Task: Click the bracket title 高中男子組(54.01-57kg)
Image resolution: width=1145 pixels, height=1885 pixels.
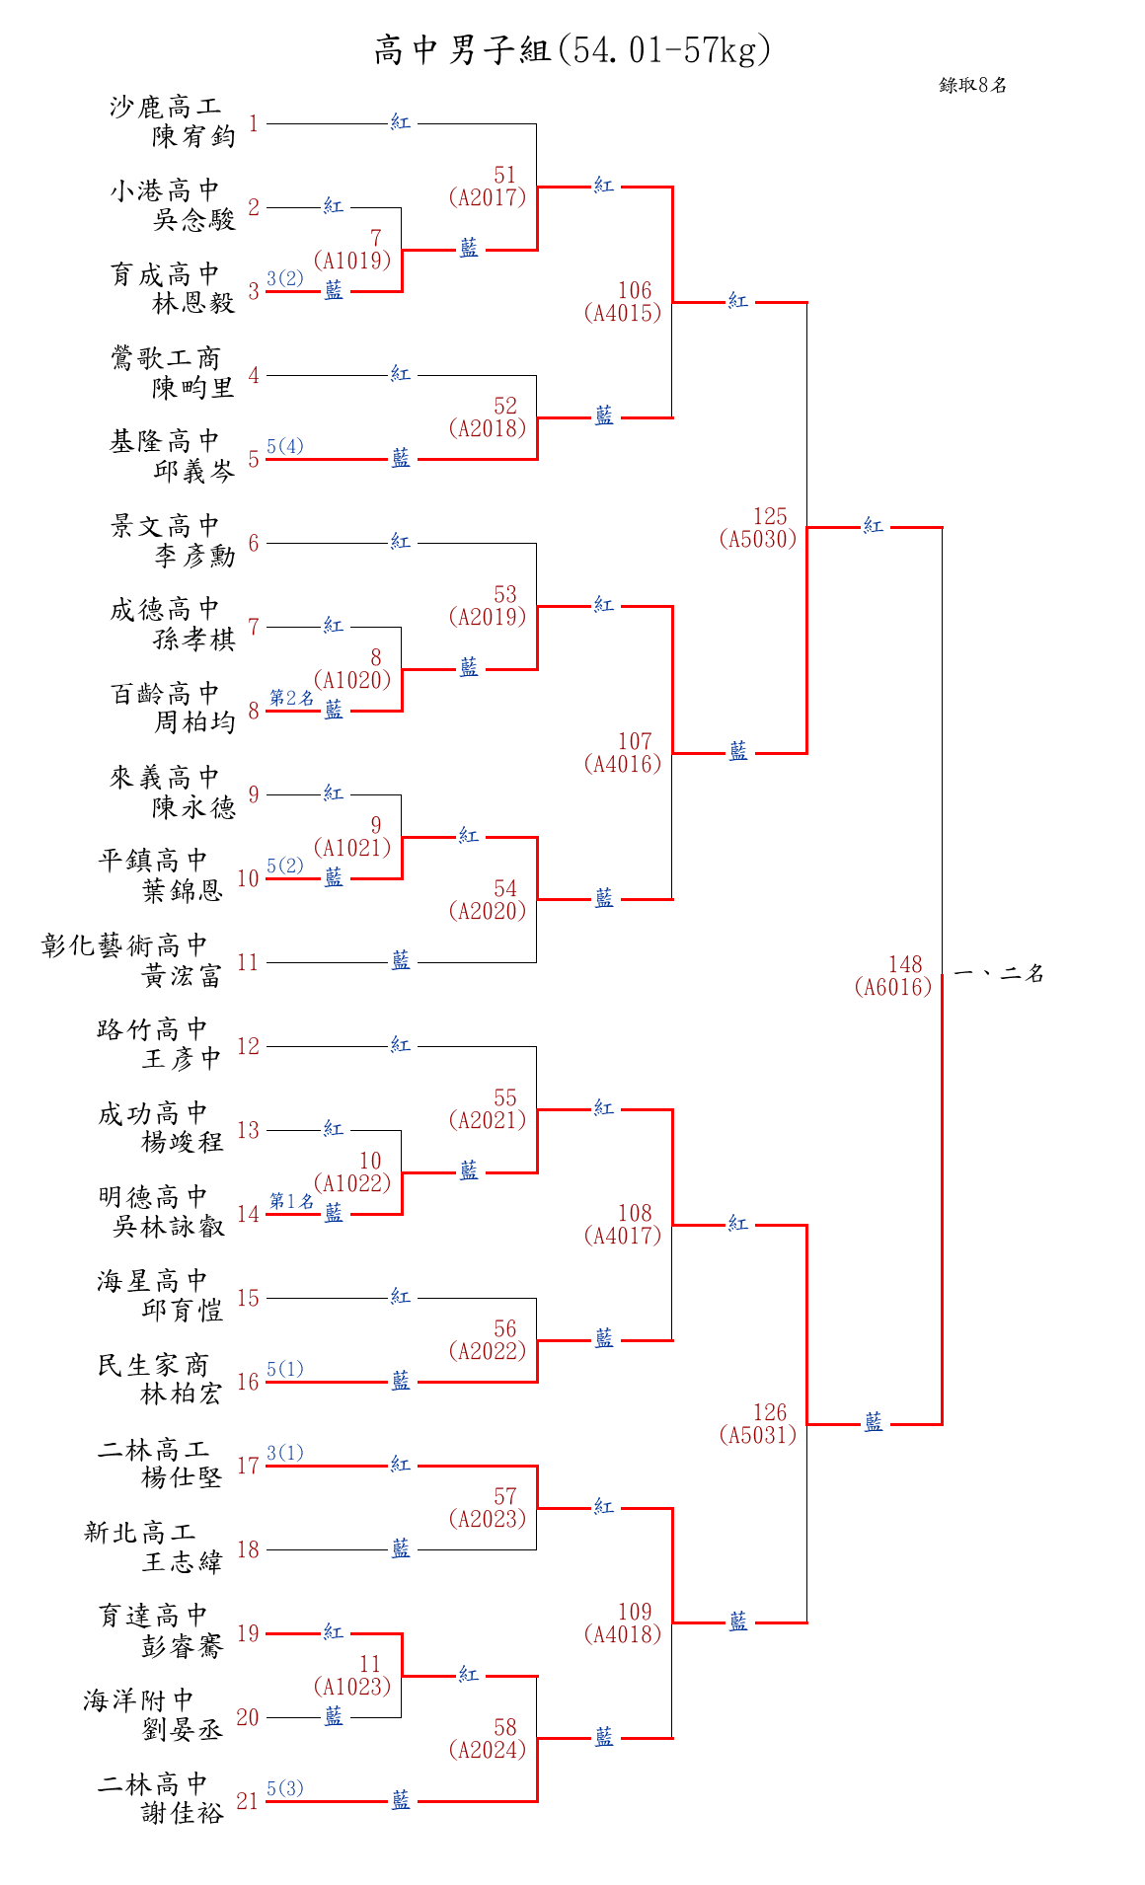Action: [x=572, y=49]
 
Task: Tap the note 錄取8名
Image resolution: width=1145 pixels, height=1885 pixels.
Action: [x=972, y=85]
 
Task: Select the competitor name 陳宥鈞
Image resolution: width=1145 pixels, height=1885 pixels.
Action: [x=193, y=136]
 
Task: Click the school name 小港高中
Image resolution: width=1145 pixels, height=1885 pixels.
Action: [x=165, y=189]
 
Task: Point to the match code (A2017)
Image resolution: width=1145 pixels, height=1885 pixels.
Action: [x=487, y=196]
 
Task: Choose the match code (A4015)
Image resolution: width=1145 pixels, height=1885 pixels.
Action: [x=623, y=313]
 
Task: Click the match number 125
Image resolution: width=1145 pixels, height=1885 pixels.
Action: [x=770, y=516]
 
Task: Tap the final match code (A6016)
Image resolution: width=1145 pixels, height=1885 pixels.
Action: [x=893, y=986]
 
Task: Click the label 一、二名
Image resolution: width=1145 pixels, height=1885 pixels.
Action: [x=999, y=974]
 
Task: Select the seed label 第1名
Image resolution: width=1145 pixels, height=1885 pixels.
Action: [x=291, y=1201]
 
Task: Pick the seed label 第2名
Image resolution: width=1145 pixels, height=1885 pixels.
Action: [x=291, y=698]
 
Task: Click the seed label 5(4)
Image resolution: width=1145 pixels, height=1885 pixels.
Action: [x=285, y=446]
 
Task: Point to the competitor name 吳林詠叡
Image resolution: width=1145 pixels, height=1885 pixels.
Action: [x=169, y=1227]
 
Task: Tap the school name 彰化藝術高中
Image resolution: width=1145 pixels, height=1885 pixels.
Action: [x=125, y=945]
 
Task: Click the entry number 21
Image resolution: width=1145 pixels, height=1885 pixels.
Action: [x=247, y=1801]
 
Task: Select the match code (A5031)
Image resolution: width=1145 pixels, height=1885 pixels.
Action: [x=758, y=1434]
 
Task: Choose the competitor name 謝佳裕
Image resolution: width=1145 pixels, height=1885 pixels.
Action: [x=183, y=1813]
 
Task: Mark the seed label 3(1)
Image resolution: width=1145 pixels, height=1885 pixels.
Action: [x=285, y=1453]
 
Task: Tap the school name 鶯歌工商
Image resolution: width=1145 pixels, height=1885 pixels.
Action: [x=165, y=357]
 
